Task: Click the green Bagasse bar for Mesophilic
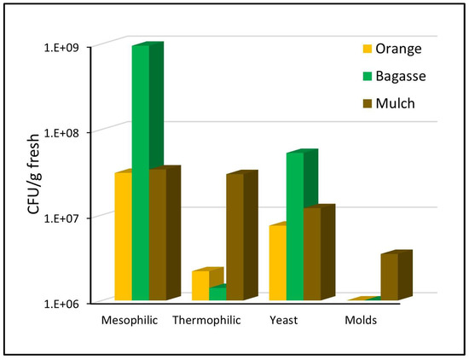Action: (x=140, y=171)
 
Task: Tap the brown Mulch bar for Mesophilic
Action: (x=157, y=235)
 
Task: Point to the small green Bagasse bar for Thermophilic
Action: (x=217, y=293)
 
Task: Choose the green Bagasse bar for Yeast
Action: (x=294, y=226)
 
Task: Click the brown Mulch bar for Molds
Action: (x=389, y=277)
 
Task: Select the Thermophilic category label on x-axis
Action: (x=206, y=322)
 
